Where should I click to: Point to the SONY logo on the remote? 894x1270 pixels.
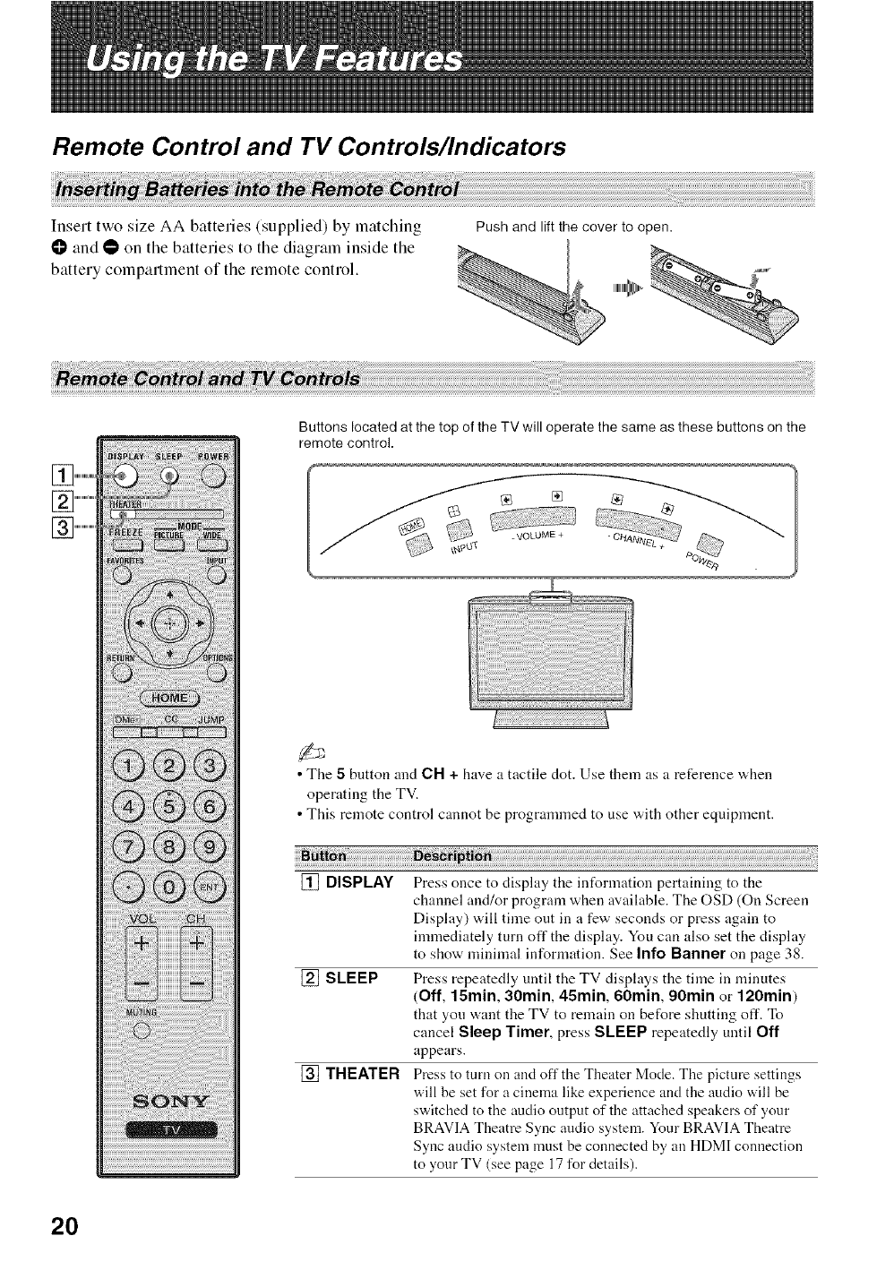click(x=168, y=1099)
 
